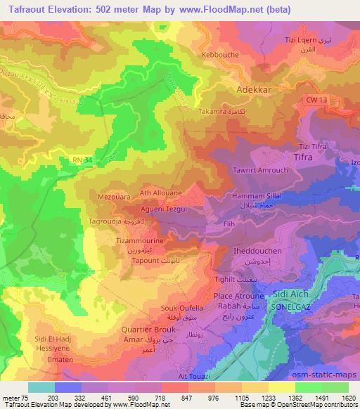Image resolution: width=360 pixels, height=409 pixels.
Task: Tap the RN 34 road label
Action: (82, 161)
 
